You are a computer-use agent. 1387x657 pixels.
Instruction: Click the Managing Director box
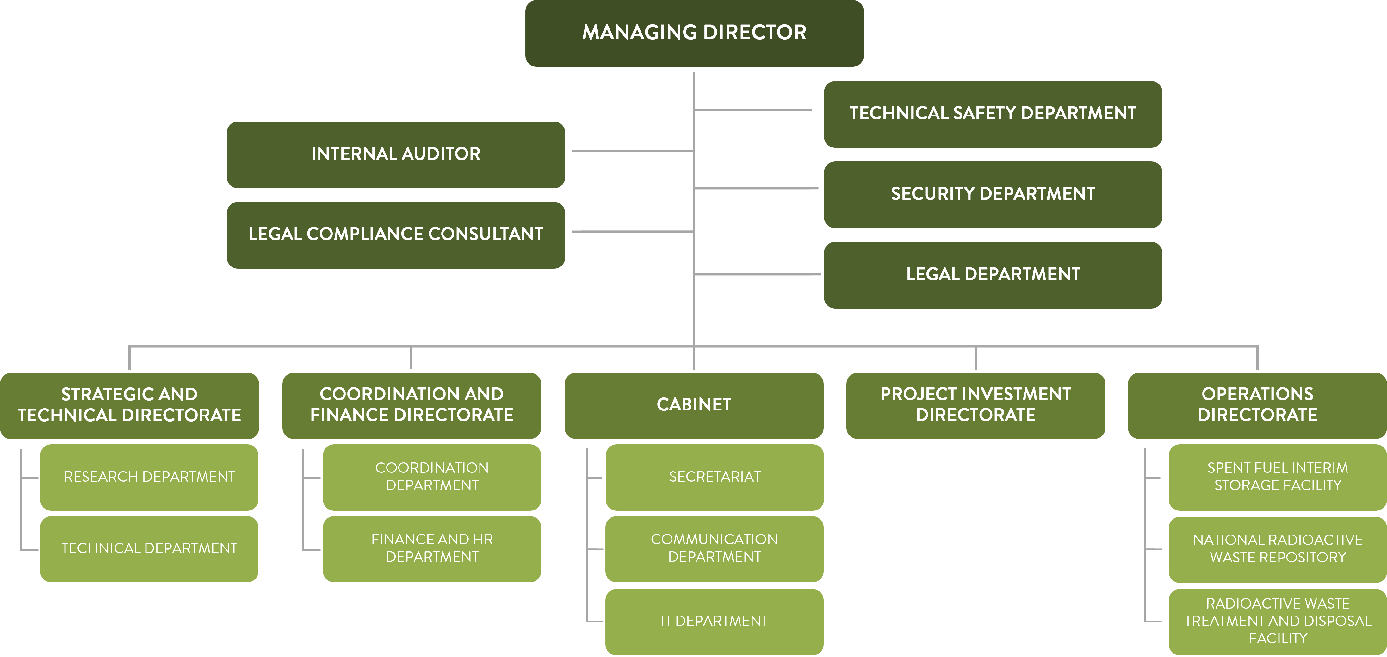coord(694,33)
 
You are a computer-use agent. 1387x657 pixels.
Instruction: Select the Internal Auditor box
coord(396,154)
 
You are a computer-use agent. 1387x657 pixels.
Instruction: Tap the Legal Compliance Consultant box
coord(396,235)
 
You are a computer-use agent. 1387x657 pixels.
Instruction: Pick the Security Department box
coord(992,194)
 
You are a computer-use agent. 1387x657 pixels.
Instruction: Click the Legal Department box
coord(992,275)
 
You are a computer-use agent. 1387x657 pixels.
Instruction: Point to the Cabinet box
coord(693,405)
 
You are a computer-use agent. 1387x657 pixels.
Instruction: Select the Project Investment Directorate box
coord(975,405)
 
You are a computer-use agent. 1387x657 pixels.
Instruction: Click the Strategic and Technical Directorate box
coord(129,405)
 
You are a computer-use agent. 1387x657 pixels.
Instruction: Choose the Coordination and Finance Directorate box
coord(412,405)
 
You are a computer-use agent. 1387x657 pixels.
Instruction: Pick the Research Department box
coord(149,477)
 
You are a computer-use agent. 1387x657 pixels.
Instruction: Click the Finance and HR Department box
coord(432,549)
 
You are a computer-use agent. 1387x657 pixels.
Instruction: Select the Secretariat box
coord(715,477)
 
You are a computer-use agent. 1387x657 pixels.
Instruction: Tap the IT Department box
coord(715,622)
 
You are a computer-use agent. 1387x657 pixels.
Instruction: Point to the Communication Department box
coord(715,549)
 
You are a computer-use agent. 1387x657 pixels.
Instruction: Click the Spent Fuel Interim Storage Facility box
coord(1277,477)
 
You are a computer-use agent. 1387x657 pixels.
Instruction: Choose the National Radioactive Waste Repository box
coord(1277,549)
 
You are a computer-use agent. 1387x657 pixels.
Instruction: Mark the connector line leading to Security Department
coord(757,188)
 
